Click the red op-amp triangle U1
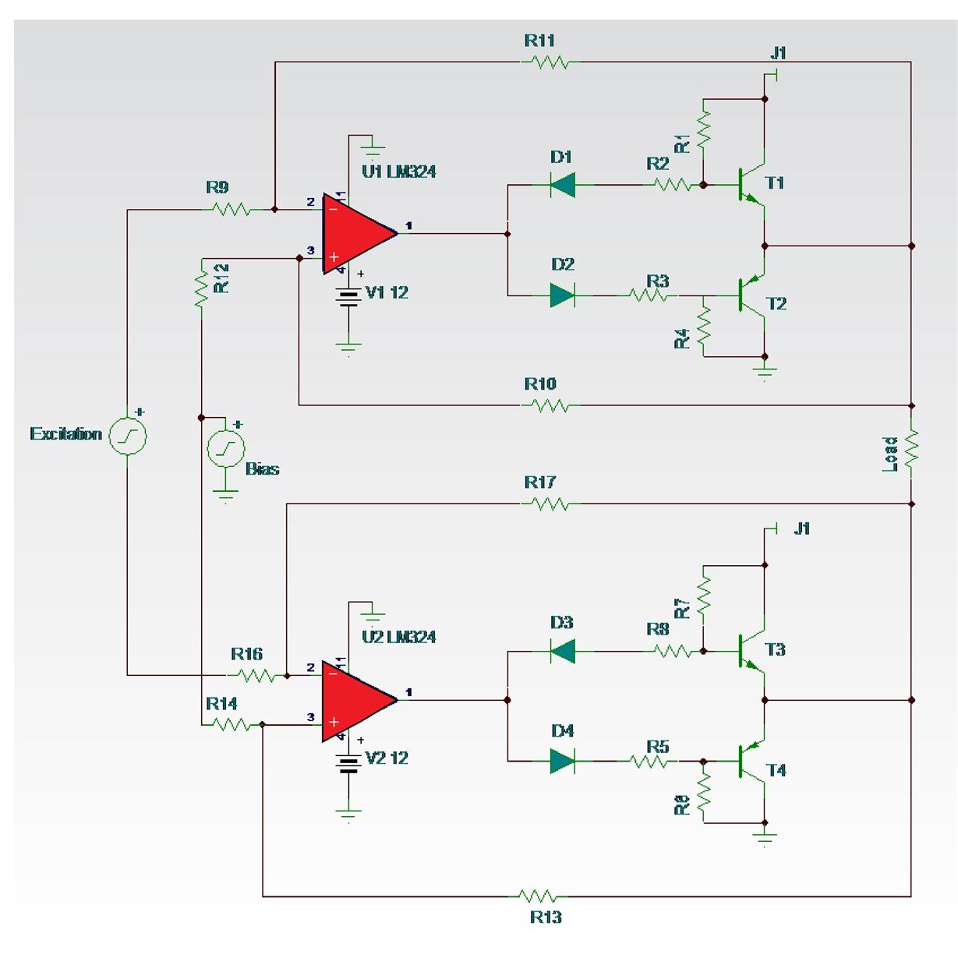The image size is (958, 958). click(x=355, y=233)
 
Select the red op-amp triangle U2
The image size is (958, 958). click(x=355, y=699)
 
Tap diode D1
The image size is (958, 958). click(x=562, y=185)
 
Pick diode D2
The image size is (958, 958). click(x=562, y=295)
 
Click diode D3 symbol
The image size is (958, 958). click(x=562, y=651)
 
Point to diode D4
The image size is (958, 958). click(x=562, y=761)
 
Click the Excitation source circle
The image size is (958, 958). click(x=127, y=436)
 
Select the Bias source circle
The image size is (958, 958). click(x=226, y=449)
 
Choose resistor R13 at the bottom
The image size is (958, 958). click(x=539, y=896)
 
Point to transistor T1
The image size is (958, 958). click(x=750, y=186)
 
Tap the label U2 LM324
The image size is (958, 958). click(x=398, y=637)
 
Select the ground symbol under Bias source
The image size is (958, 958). click(x=226, y=495)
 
